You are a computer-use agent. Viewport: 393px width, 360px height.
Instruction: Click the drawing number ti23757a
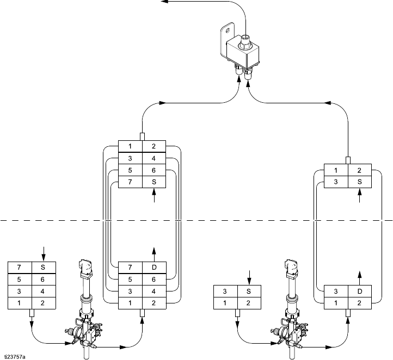click(15, 357)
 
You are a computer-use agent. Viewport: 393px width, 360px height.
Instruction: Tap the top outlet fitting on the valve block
click(246, 41)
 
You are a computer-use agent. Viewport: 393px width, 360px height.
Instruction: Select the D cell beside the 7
click(154, 268)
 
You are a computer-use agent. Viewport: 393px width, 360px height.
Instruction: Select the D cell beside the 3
click(359, 291)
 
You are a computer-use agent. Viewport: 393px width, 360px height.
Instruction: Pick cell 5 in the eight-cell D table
click(130, 279)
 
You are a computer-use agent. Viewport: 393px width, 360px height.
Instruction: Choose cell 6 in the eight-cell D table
click(154, 279)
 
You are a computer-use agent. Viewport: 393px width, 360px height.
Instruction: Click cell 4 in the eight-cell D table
click(154, 290)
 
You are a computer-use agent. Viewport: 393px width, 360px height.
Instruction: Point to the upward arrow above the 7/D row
click(154, 251)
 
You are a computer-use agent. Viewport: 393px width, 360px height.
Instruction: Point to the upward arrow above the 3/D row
click(359, 275)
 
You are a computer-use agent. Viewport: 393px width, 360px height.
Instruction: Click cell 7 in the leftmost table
click(19, 268)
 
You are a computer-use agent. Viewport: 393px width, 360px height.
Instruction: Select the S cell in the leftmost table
click(43, 268)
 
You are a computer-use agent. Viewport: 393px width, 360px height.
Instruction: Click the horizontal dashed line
click(196, 221)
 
